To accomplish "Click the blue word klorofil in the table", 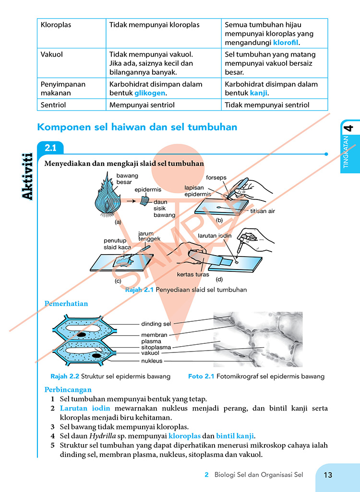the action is [x=286, y=43].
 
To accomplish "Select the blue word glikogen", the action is [x=150, y=93].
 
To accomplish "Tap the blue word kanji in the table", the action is [x=259, y=93].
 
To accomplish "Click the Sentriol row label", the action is [x=53, y=105].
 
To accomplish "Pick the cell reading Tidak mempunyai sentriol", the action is [x=267, y=105].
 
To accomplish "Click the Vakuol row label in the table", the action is [x=51, y=54].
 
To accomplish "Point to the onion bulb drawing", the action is [x=108, y=196].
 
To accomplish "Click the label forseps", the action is [x=216, y=177].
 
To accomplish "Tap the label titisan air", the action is [x=263, y=211].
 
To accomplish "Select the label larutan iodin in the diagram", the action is [x=215, y=235].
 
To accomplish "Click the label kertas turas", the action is [x=193, y=274].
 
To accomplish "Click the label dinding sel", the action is [x=156, y=324].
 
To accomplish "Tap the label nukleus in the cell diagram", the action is [x=152, y=361].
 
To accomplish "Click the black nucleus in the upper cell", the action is [x=82, y=335].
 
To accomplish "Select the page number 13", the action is [x=328, y=475].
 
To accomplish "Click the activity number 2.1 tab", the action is [x=50, y=148].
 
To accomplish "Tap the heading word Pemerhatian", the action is [x=66, y=304].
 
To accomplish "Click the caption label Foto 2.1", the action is [x=201, y=376].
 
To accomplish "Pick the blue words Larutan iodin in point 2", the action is [x=85, y=408].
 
